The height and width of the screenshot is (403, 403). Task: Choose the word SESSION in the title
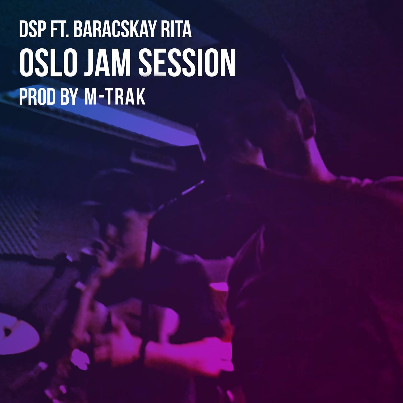pos(187,63)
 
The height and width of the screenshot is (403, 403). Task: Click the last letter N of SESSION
pos(228,63)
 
